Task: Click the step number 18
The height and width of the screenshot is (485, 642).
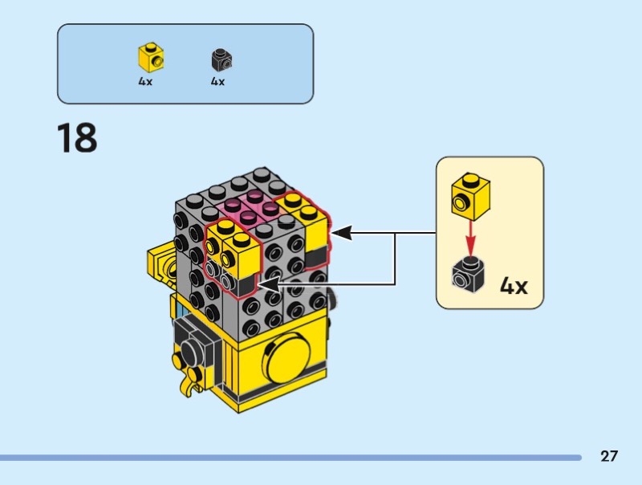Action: (76, 137)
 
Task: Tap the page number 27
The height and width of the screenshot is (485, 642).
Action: (609, 457)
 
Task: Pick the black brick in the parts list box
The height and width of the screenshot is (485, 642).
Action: (221, 59)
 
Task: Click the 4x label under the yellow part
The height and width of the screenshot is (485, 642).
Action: (145, 82)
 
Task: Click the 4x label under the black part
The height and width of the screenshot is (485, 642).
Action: (217, 82)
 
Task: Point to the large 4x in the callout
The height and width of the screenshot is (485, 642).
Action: (514, 285)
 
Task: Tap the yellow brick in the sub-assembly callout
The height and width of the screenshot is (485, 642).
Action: (470, 196)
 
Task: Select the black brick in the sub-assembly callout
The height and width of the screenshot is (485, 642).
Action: (468, 274)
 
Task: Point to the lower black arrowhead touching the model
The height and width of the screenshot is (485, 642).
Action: (266, 283)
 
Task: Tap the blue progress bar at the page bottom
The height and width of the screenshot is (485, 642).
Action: (289, 458)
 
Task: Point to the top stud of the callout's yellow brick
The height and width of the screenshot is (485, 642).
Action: (473, 179)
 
